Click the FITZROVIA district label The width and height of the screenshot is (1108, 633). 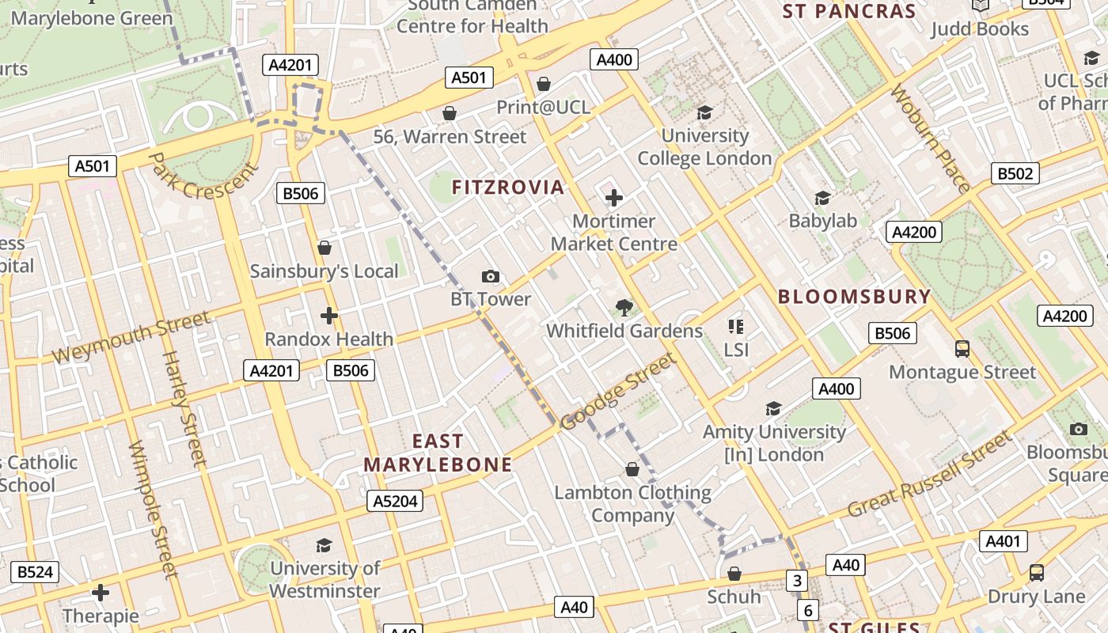508,188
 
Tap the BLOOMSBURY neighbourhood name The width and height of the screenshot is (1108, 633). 854,297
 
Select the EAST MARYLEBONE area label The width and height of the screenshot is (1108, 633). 438,453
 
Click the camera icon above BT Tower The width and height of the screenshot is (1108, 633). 491,276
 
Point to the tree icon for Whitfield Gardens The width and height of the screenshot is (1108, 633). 624,308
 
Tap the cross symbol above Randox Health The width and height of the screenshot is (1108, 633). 329,316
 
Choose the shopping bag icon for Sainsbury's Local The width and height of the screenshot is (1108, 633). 324,248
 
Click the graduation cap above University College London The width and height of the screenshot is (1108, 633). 704,113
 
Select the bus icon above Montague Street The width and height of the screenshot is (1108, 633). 962,348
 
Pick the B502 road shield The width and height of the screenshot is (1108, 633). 1015,173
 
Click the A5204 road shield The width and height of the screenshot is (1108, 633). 395,501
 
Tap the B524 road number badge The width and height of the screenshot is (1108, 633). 35,571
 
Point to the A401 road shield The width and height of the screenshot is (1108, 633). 1004,541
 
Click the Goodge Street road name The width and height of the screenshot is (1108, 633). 618,392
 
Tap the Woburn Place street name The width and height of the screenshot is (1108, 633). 930,139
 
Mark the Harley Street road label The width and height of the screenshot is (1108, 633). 184,407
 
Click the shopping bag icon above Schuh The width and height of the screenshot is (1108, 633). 734,574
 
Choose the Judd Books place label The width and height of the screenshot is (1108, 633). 979,29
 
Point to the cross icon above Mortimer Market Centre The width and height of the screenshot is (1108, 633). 613,198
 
